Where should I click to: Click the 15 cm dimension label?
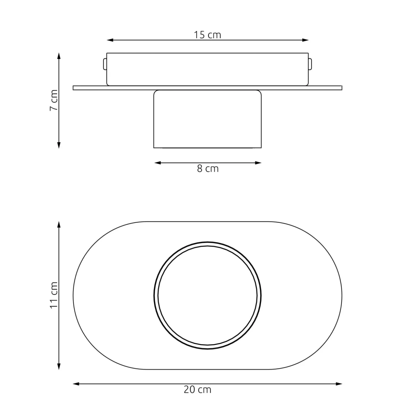(x=207, y=35)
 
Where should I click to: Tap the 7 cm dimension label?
(x=54, y=100)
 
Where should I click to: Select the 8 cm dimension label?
(x=208, y=169)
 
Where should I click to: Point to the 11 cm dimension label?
(x=54, y=295)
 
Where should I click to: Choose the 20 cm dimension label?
(x=197, y=390)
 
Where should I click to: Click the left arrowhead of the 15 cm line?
(x=110, y=40)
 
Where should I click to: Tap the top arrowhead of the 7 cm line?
(x=59, y=56)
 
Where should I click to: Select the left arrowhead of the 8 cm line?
(x=157, y=163)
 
